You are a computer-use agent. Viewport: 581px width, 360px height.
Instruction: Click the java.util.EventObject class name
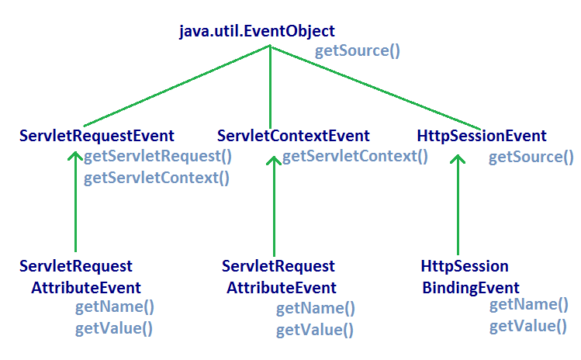pyautogui.click(x=257, y=31)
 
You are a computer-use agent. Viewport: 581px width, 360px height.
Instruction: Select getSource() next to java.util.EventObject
pyautogui.click(x=357, y=52)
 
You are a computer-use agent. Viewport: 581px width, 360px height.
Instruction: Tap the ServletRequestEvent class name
pyautogui.click(x=96, y=136)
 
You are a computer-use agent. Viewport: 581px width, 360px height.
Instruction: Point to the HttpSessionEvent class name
pyautogui.click(x=481, y=136)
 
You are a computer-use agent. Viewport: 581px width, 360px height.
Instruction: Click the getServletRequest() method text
pyautogui.click(x=157, y=156)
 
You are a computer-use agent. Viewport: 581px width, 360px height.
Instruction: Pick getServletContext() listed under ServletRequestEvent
pyautogui.click(x=157, y=178)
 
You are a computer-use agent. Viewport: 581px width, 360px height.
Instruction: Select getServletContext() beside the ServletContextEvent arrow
pyautogui.click(x=354, y=156)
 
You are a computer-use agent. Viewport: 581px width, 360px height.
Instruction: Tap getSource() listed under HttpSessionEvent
pyautogui.click(x=531, y=157)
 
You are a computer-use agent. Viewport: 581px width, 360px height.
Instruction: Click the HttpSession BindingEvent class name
pyautogui.click(x=465, y=277)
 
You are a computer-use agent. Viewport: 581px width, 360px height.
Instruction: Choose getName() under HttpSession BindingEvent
pyautogui.click(x=528, y=304)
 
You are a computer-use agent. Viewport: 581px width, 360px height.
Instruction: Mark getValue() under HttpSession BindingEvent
pyautogui.click(x=528, y=326)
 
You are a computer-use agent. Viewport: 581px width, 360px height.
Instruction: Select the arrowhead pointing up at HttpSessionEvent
pyautogui.click(x=459, y=159)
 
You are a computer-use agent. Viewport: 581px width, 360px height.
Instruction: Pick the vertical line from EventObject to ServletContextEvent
pyautogui.click(x=270, y=85)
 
